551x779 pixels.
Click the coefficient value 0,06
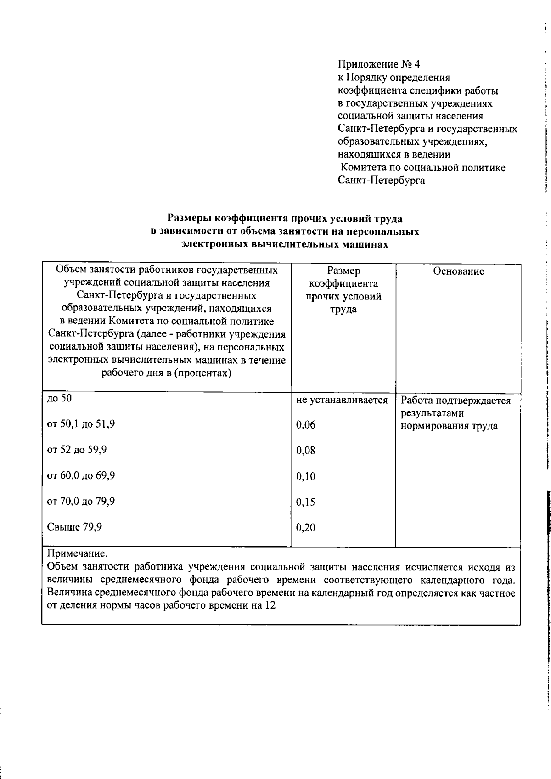point(306,425)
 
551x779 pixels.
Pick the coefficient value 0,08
point(306,451)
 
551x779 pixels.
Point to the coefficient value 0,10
point(306,476)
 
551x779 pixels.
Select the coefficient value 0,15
point(306,502)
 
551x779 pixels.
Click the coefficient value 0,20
point(306,528)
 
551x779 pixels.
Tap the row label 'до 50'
point(60,398)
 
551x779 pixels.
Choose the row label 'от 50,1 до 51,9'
point(81,424)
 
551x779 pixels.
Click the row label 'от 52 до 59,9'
point(77,450)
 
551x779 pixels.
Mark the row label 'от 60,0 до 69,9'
point(81,475)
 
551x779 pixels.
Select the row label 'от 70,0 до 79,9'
point(81,501)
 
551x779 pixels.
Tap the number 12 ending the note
point(270,605)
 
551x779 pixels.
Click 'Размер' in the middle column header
point(343,271)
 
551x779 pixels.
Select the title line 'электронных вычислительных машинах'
point(285,244)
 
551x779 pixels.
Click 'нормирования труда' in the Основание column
point(449,426)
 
